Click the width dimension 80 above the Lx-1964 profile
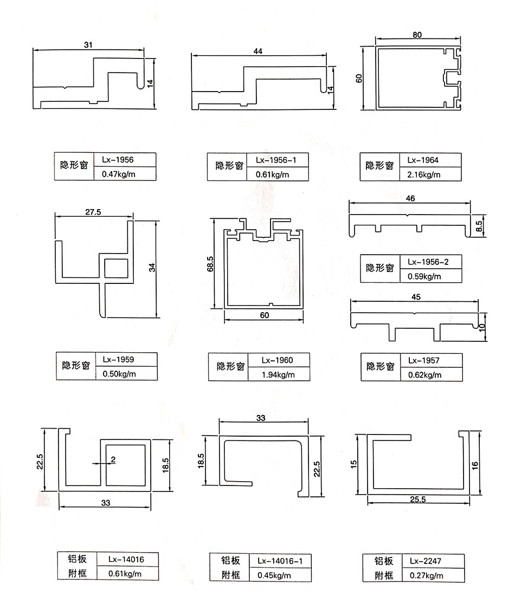[x=417, y=34]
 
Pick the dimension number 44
[x=257, y=51]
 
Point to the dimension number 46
[x=410, y=199]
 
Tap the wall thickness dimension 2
[x=113, y=459]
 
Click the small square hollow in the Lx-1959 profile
[x=117, y=268]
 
